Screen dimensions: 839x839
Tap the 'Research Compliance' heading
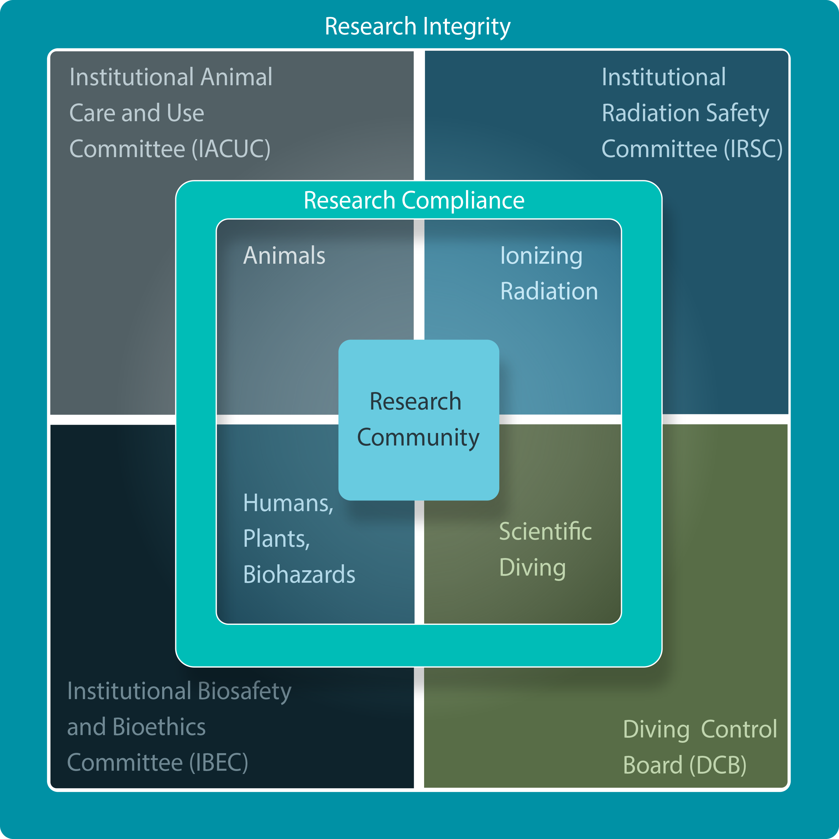tap(414, 201)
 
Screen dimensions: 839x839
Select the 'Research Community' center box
tap(418, 419)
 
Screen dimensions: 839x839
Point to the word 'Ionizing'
tap(541, 255)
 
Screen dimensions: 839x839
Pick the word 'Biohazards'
tap(299, 575)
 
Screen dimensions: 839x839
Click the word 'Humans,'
tap(288, 503)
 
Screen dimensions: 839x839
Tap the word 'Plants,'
tap(276, 539)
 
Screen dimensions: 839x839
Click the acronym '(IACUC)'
tap(231, 149)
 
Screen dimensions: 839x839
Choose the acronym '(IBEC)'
tap(218, 763)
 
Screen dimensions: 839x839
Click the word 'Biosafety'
tap(244, 691)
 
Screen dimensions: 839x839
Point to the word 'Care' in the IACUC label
tap(92, 113)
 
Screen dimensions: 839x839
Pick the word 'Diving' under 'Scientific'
tap(533, 568)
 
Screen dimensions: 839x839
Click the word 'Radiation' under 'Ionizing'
tap(549, 291)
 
